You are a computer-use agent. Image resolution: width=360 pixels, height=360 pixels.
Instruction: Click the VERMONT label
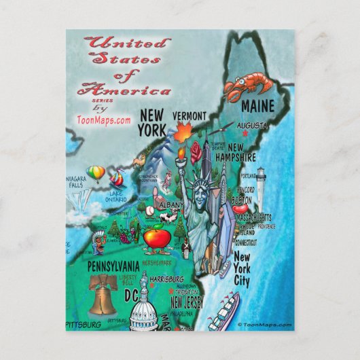(x=190, y=115)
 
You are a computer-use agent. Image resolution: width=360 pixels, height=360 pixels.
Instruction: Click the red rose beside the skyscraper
(x=197, y=149)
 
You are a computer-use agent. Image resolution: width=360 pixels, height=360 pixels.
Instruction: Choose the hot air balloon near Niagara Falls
(x=97, y=173)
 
